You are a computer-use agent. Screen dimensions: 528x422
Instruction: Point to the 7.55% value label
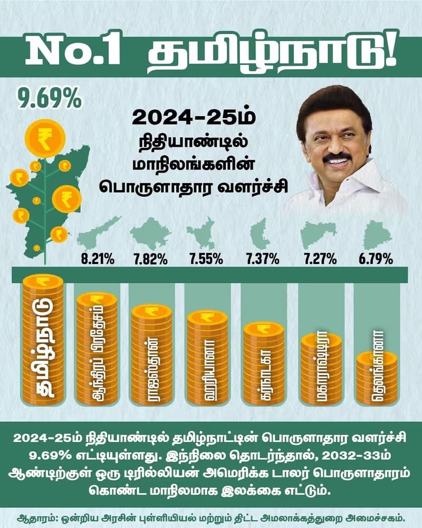tap(207, 259)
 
